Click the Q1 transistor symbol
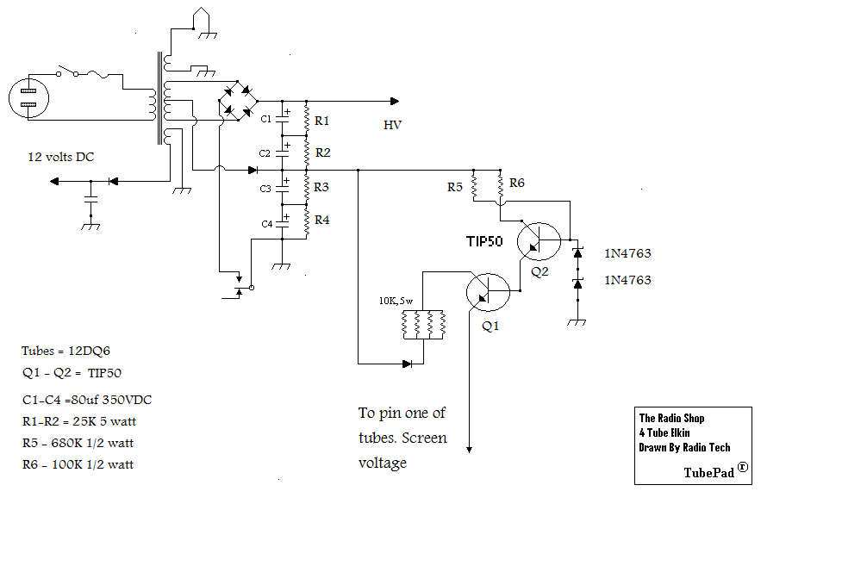pyautogui.click(x=489, y=293)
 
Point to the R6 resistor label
pyautogui.click(x=517, y=183)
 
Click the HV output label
pyautogui.click(x=392, y=126)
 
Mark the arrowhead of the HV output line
pyautogui.click(x=394, y=101)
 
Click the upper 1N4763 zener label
pyautogui.click(x=627, y=253)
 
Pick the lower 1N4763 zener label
pyautogui.click(x=627, y=280)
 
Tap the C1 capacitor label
pyautogui.click(x=266, y=118)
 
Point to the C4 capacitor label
pyautogui.click(x=266, y=224)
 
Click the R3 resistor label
pyautogui.click(x=322, y=187)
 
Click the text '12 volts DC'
pyautogui.click(x=62, y=157)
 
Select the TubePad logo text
pyautogui.click(x=715, y=471)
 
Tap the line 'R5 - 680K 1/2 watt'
pyautogui.click(x=78, y=443)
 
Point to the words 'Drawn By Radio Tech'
pyautogui.click(x=684, y=447)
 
